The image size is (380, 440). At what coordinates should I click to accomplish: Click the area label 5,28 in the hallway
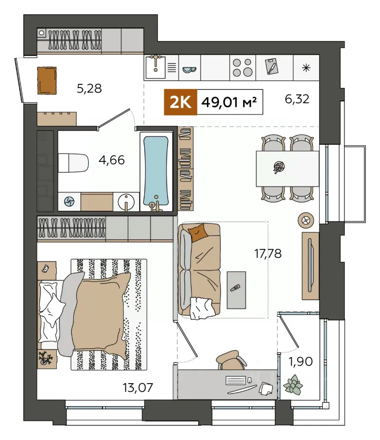(x=89, y=88)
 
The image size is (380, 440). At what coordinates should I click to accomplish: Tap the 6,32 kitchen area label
(x=297, y=99)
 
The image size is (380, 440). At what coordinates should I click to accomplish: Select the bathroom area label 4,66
(x=112, y=160)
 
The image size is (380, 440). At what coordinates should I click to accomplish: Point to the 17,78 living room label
(x=268, y=253)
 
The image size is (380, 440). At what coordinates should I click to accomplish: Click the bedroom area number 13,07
(x=138, y=388)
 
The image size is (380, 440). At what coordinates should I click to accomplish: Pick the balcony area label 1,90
(x=300, y=362)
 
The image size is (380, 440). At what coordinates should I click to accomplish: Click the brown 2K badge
(x=180, y=102)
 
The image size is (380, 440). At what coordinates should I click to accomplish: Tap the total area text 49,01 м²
(x=229, y=102)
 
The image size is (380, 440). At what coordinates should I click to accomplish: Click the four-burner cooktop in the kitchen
(x=242, y=67)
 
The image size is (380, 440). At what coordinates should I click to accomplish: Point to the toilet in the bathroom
(x=73, y=162)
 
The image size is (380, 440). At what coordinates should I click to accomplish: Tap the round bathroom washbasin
(x=126, y=201)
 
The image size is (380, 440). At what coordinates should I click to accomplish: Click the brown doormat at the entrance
(x=47, y=80)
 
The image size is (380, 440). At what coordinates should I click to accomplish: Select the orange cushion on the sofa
(x=198, y=232)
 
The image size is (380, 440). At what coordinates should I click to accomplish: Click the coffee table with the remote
(x=236, y=290)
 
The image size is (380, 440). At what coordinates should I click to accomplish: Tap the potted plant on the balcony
(x=293, y=385)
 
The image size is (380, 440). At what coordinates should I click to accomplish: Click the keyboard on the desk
(x=235, y=380)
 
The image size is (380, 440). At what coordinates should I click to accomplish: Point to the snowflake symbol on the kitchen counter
(x=306, y=68)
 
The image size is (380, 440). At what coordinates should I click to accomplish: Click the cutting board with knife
(x=271, y=66)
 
